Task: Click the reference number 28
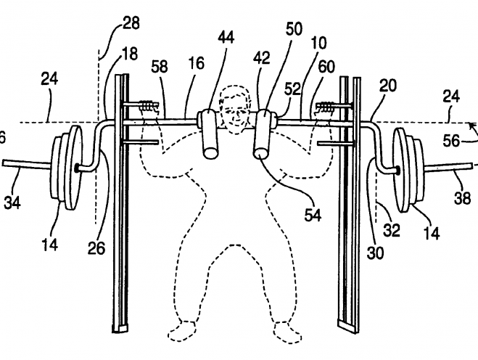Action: tap(131, 25)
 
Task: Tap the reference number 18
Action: tap(131, 54)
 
